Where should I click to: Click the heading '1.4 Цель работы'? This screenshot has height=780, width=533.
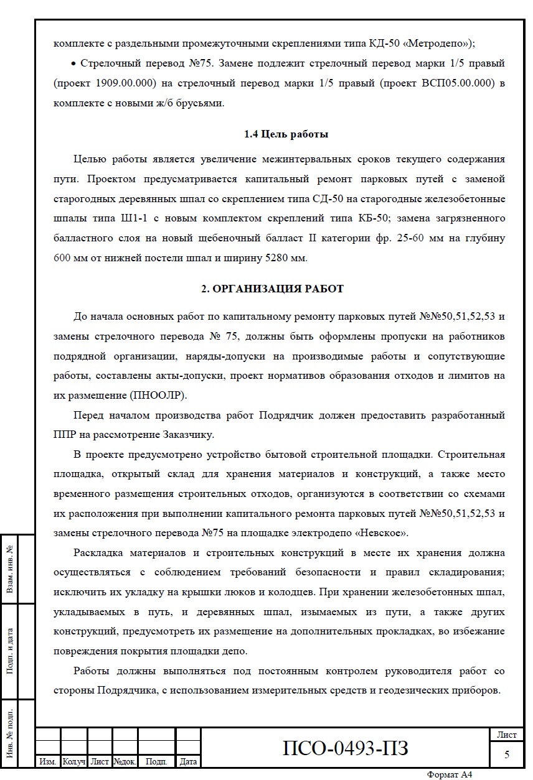[x=286, y=134]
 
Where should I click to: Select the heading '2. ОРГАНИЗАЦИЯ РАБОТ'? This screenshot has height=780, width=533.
[x=272, y=289]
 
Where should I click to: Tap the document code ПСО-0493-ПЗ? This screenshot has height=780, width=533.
[x=346, y=748]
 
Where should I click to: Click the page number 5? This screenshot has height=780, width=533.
[x=507, y=754]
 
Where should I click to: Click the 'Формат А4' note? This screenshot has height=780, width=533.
[x=450, y=774]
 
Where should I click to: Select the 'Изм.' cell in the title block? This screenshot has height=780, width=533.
[x=48, y=761]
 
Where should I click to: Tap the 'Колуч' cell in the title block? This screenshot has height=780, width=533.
[x=73, y=761]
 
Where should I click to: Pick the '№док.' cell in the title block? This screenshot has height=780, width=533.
[x=125, y=761]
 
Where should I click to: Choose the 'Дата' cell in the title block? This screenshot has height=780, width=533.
[x=188, y=761]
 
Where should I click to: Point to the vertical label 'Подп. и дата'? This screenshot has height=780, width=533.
[x=10, y=650]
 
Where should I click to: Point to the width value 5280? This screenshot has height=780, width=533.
[x=268, y=258]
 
